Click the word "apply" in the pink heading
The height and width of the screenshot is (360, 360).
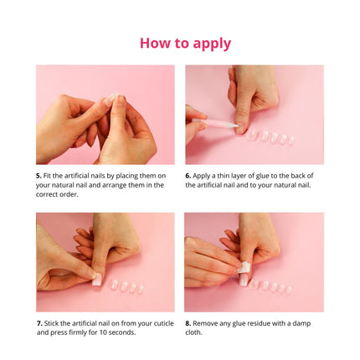(206, 44)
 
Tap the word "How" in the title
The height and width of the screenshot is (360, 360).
(157, 43)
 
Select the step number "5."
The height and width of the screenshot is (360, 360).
(39, 175)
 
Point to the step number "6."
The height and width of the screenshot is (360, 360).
(188, 175)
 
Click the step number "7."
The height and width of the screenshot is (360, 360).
(39, 322)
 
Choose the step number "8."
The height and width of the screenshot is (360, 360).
(188, 322)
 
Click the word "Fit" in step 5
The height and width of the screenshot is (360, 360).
(49, 175)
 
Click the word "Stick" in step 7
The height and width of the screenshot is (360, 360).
(53, 322)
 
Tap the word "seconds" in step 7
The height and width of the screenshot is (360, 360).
(118, 332)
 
